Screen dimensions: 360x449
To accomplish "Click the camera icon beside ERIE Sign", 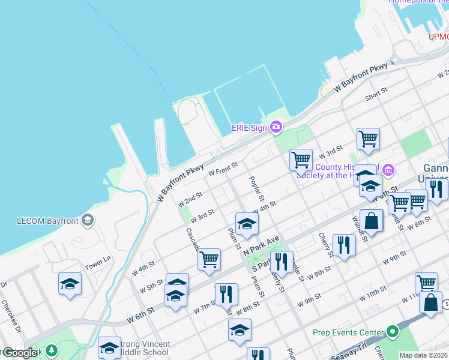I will point(276,126).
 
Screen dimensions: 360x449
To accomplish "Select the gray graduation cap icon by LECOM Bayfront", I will point(88,220).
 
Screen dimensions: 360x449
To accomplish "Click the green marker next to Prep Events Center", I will point(393,332).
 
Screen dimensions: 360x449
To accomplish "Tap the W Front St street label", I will point(223,168).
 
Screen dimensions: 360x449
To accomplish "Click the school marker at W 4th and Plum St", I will point(247,224).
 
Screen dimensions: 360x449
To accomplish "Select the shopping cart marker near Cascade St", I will point(209,260).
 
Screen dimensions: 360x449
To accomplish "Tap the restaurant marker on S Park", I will point(282,262).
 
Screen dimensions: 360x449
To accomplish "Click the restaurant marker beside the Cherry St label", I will point(344,245).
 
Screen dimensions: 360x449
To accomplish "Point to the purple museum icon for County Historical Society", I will point(388,171).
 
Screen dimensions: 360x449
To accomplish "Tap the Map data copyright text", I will point(423,355).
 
